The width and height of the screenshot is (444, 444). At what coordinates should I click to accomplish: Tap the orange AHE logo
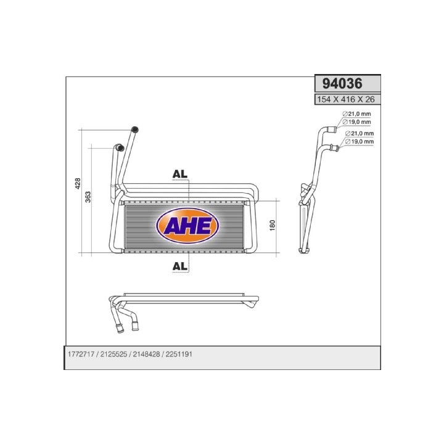coord(186,226)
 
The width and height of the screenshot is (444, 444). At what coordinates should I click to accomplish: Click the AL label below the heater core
coord(180,266)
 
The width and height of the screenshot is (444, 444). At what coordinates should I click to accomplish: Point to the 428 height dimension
coord(78,183)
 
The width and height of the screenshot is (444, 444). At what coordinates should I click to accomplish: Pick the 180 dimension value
coord(272,226)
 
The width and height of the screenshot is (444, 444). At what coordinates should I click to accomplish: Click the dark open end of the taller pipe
coord(135,129)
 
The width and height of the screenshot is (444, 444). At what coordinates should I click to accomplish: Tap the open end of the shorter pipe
coord(120,148)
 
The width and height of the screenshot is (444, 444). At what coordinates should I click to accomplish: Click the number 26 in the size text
coord(369,99)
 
